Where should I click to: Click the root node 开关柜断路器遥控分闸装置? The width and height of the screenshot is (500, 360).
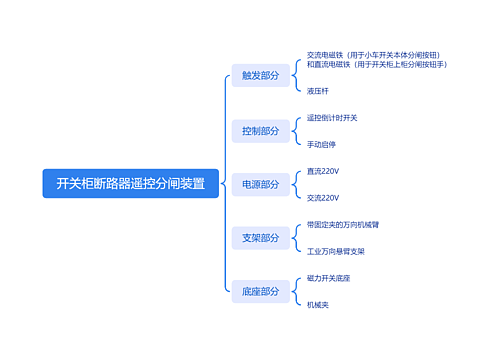(x=130, y=184)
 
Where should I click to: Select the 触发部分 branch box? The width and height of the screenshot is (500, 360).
(x=260, y=76)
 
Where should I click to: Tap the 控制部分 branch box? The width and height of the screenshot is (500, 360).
(x=260, y=130)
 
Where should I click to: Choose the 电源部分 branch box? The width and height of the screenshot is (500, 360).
(x=260, y=184)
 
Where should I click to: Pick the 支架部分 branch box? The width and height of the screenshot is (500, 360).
(x=260, y=238)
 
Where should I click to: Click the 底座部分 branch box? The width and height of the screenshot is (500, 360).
(x=260, y=292)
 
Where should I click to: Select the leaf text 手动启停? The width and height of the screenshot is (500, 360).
(x=322, y=144)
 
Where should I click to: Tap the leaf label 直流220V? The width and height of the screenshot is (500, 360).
(x=323, y=171)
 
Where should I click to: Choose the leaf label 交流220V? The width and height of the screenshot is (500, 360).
(x=323, y=198)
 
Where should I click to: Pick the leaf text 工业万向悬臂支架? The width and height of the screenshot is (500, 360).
(x=335, y=251)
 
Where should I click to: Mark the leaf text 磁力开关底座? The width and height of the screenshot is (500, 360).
(x=328, y=278)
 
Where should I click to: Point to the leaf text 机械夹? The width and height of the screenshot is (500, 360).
(x=318, y=304)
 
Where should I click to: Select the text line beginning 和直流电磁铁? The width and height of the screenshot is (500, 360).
(x=376, y=64)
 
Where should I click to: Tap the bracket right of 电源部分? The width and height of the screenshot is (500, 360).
(x=296, y=184)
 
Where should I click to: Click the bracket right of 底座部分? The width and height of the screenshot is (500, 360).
(x=296, y=292)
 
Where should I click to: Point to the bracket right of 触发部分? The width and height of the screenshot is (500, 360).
(x=296, y=76)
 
